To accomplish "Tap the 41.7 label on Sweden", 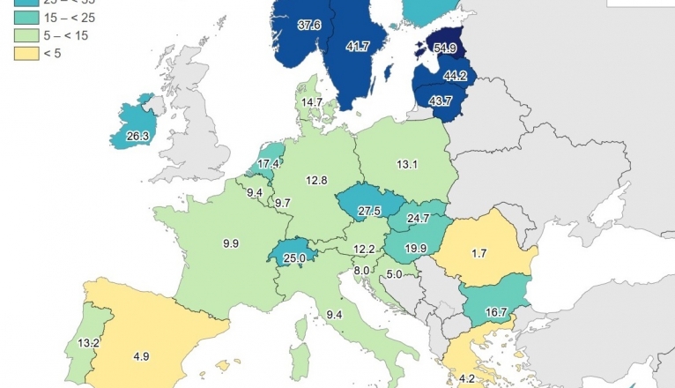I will pos(358,46).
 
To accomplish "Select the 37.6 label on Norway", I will pos(309,26).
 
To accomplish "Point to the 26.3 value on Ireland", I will pos(137,137).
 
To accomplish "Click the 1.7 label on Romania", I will pos(479,254).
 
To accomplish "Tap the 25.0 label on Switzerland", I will pos(295,258).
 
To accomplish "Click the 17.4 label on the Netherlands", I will pos(269,163).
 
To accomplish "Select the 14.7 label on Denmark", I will pos(312,102).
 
